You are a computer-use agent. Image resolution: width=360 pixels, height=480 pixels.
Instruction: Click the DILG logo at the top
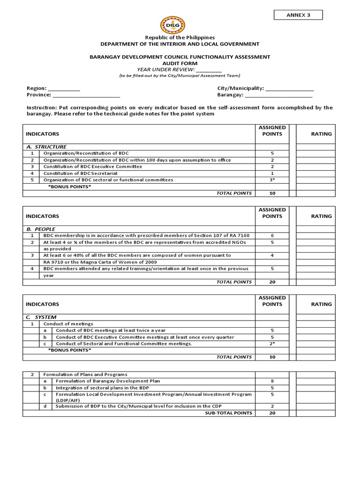tap(173, 24)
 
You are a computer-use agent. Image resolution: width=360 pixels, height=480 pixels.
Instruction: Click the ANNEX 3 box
tap(298, 15)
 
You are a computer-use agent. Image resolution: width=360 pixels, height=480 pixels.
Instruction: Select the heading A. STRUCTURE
tap(46, 147)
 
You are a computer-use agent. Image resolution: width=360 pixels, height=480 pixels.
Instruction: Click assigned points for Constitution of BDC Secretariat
tap(272, 173)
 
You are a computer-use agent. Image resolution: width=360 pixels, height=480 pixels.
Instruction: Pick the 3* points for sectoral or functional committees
tap(272, 180)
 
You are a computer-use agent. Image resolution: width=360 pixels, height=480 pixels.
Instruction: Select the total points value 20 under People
tap(272, 282)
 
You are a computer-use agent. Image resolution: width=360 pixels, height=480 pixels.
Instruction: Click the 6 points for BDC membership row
tap(272, 235)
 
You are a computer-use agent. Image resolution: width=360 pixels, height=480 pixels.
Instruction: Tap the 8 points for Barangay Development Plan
tap(272, 381)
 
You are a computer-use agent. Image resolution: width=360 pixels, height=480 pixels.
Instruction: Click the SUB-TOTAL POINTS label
tap(228, 413)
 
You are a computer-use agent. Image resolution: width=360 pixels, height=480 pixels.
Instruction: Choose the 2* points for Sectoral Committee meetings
tap(272, 344)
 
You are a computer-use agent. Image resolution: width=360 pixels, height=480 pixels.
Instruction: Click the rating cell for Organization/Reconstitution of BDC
tap(315, 153)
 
